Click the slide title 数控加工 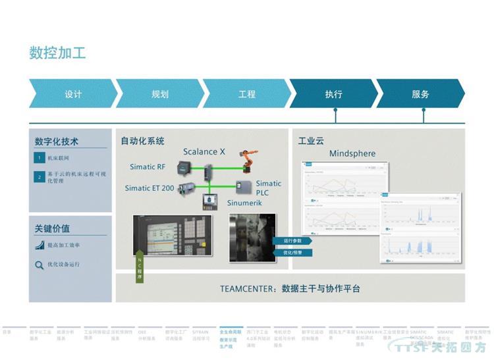[x=57, y=53]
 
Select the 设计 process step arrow [x=72, y=94]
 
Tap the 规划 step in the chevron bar [x=159, y=94]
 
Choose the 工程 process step [x=246, y=94]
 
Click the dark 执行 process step [x=333, y=94]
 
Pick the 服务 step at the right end [x=420, y=94]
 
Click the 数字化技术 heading [x=57, y=141]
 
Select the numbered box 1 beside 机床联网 [x=40, y=159]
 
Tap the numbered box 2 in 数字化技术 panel [x=40, y=176]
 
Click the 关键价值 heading [x=53, y=229]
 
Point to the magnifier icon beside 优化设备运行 [x=40, y=265]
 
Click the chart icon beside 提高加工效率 [x=40, y=245]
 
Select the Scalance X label [x=204, y=151]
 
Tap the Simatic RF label [x=148, y=167]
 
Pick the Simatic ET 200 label [x=150, y=188]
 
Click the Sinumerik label [x=246, y=204]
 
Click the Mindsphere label [x=352, y=154]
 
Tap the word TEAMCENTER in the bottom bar [x=248, y=288]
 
